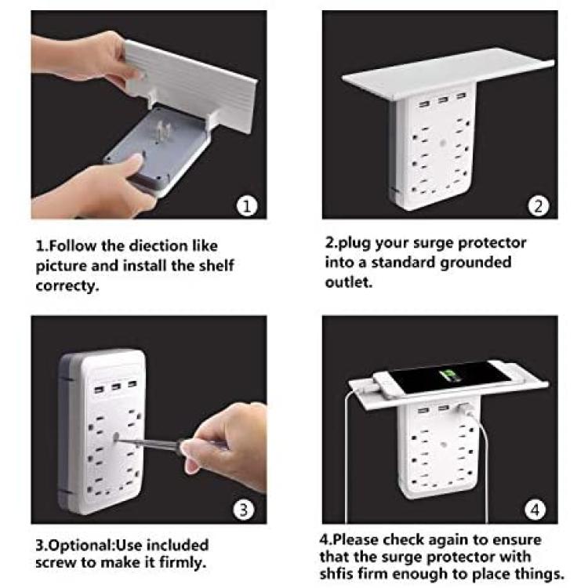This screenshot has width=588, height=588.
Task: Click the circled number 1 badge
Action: point(247,206)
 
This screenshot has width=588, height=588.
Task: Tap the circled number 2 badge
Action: point(538,206)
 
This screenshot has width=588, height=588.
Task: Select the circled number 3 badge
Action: point(243,510)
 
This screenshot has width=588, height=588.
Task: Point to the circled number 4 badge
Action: point(535,510)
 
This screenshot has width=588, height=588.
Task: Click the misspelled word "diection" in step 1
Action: point(158,246)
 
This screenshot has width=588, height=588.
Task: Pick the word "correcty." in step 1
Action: point(67,286)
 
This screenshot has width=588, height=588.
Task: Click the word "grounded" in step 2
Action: point(476,263)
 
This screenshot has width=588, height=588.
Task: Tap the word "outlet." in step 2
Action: point(349,282)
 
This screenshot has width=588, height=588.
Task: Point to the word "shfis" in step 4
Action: point(336,573)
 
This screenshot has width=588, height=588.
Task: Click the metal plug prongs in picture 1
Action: point(162,132)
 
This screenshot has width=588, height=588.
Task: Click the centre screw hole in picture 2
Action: point(442,143)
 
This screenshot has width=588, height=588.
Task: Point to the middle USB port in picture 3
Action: point(116,387)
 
